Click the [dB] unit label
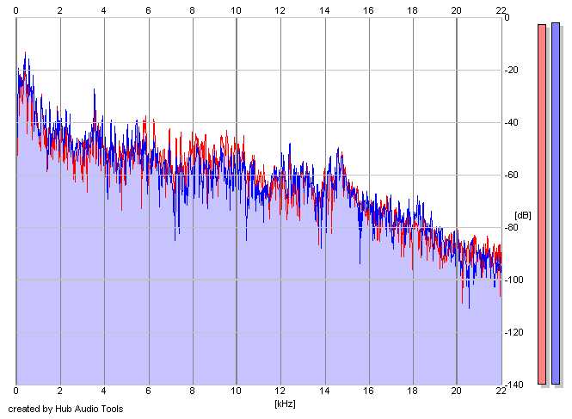522,215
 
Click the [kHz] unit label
285,403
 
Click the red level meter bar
542,204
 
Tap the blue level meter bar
557,204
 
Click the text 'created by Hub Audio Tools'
65,409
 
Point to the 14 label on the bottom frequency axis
324,392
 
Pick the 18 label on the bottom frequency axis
412,392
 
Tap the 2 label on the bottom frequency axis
59,392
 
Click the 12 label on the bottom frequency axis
280,392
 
